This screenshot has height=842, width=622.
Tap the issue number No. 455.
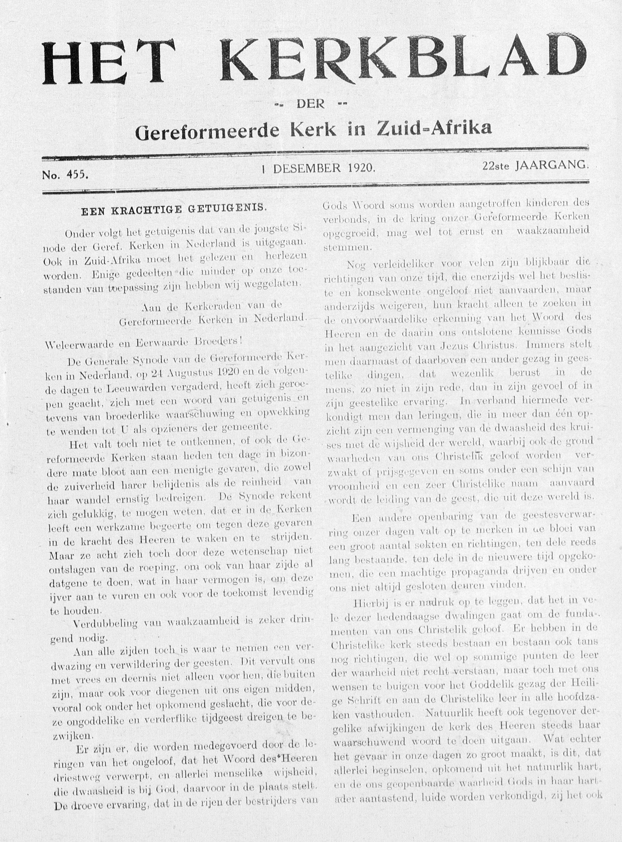[65, 175]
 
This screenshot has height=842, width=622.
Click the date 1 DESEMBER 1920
[319, 168]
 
